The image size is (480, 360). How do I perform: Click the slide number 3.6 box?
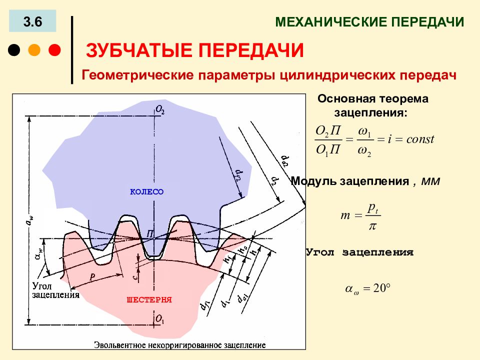coord(32,21)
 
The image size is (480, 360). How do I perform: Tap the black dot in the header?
coord(14,50)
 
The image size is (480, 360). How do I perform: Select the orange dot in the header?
coord(34,50)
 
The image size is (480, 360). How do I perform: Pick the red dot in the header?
coord(54,50)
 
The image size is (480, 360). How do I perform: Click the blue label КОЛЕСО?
coord(147,192)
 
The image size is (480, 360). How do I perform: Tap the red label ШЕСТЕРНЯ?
coord(149,299)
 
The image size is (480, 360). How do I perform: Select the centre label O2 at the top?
coord(160,109)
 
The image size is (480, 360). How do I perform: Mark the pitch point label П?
coord(149,234)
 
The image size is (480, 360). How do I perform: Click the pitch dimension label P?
coord(92,277)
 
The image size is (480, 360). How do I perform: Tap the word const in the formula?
coord(420,139)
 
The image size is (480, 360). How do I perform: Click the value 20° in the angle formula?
coord(381,288)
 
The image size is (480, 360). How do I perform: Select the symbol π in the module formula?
coord(372,226)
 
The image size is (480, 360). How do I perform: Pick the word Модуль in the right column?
coord(314,181)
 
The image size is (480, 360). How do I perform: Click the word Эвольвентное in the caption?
coord(120,345)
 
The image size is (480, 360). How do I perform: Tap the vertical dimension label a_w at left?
coord(30,221)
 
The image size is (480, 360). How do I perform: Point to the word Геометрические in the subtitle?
coord(137,75)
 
